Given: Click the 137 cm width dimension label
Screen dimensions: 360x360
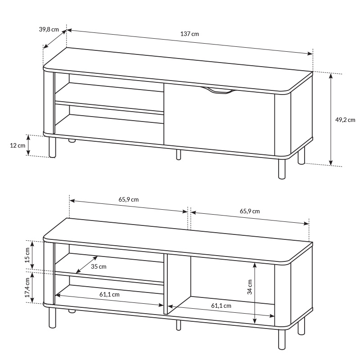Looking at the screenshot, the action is [x=189, y=34].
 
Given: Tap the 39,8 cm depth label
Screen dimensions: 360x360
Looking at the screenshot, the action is [x=49, y=29].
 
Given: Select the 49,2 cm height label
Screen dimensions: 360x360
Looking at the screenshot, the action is [x=345, y=120].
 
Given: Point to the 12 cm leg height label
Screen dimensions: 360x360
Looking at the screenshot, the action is [x=18, y=145].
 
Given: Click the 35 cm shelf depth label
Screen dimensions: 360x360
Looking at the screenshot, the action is [x=99, y=266].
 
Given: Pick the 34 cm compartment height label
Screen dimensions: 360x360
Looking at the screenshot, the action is [x=250, y=287].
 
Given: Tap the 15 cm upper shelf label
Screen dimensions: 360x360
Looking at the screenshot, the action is [x=27, y=255].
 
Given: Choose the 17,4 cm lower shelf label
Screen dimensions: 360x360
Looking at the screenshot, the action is [x=27, y=288].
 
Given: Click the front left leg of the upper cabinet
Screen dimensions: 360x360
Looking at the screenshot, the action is [x=52, y=148].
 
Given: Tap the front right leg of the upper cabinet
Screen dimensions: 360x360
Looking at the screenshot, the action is [x=282, y=169].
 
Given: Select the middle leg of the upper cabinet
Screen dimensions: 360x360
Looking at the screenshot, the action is [x=178, y=154].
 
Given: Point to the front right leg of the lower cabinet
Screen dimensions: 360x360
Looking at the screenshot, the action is [x=282, y=340].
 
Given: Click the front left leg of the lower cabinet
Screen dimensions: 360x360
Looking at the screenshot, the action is [x=52, y=318].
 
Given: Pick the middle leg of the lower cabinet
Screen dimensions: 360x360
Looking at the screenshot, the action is [x=178, y=325].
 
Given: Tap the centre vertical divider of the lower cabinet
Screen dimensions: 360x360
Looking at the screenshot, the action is [x=166, y=284].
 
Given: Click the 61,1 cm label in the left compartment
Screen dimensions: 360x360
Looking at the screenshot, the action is [x=109, y=295].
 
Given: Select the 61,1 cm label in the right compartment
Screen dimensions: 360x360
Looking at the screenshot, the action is [x=221, y=306].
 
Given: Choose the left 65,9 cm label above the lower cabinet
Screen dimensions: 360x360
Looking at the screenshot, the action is [x=129, y=199].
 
